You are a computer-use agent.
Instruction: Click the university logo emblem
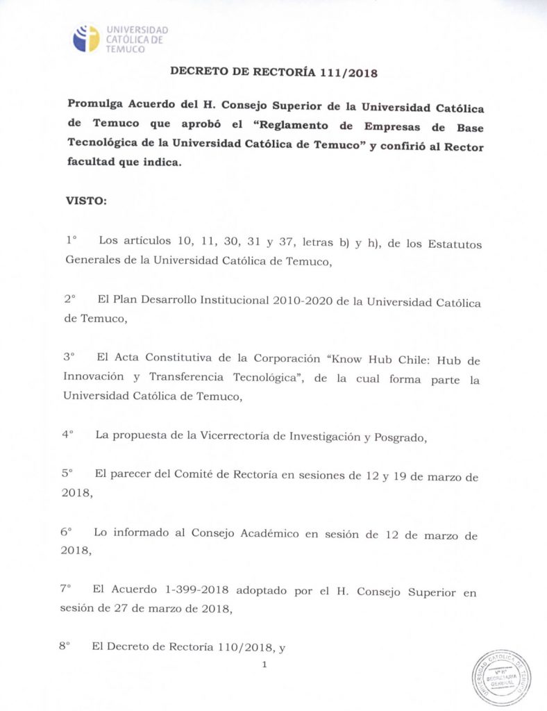pos(87,38)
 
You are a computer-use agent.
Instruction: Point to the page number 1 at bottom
pos(264,665)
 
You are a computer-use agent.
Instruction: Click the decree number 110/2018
pos(241,646)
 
